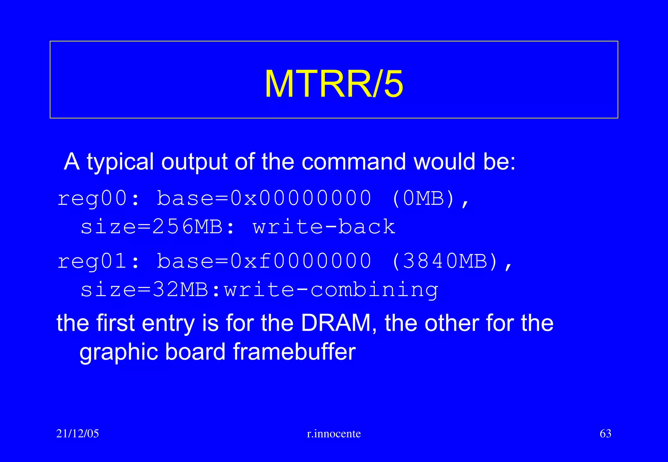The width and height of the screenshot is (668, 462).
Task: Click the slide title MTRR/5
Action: (334, 84)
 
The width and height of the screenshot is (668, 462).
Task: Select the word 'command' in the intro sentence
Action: (354, 162)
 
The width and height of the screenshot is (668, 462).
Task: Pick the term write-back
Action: (324, 227)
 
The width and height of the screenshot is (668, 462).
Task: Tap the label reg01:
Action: (98, 261)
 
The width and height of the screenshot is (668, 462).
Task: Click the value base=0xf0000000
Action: (264, 261)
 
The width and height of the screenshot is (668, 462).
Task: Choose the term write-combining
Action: (331, 290)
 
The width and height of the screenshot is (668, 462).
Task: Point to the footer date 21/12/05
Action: (78, 434)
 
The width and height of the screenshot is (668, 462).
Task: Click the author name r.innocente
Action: (334, 434)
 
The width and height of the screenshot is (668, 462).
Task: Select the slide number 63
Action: (605, 434)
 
